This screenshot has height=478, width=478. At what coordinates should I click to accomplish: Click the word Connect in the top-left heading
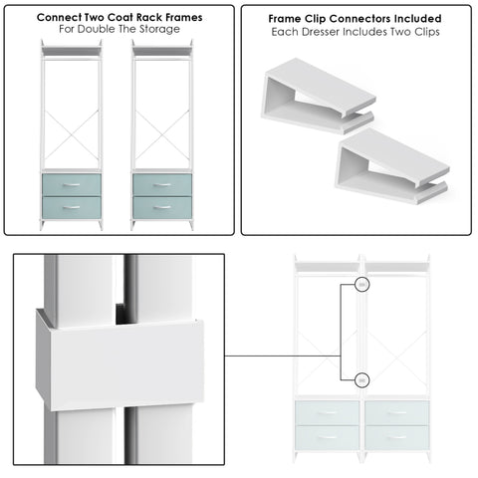click(63, 18)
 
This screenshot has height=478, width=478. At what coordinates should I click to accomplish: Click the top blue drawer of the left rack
click(71, 184)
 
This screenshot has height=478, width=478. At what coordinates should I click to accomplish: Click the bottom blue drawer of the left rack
click(71, 208)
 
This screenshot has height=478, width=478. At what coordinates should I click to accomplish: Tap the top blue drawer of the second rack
click(162, 184)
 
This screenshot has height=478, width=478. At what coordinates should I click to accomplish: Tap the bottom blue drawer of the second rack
click(162, 208)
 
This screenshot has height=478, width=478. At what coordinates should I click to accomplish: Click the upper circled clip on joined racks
click(361, 286)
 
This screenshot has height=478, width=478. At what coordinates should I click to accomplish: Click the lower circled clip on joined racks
click(361, 379)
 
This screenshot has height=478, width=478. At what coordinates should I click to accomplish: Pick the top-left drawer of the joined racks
click(328, 413)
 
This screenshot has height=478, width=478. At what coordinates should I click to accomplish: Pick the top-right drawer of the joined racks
click(395, 413)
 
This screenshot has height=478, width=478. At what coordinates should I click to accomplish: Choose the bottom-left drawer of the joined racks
click(328, 437)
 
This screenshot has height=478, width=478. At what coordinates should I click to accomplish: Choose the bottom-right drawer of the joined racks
click(395, 437)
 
